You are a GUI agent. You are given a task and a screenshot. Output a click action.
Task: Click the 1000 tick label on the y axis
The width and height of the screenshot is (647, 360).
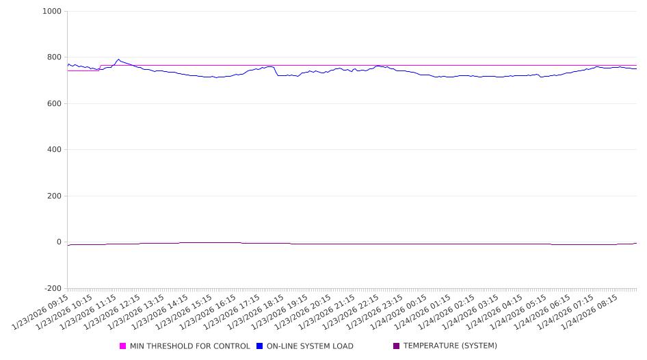pyautogui.click(x=51, y=12)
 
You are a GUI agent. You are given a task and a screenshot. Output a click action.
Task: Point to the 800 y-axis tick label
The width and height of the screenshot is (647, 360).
pyautogui.click(x=53, y=57)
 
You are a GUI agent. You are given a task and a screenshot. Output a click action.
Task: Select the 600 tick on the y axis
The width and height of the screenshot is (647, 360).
pyautogui.click(x=53, y=104)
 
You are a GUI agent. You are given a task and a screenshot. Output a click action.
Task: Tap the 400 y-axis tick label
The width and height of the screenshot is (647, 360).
pyautogui.click(x=53, y=150)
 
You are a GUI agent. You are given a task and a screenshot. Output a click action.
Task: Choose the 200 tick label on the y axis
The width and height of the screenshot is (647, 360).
pyautogui.click(x=53, y=196)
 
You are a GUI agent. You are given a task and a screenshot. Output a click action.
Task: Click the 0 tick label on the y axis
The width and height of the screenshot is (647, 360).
pyautogui.click(x=58, y=242)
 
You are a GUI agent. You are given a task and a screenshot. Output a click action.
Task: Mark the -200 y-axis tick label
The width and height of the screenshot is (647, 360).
pyautogui.click(x=52, y=289)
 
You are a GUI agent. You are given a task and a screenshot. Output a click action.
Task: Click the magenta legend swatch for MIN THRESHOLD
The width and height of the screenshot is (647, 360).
pyautogui.click(x=123, y=346)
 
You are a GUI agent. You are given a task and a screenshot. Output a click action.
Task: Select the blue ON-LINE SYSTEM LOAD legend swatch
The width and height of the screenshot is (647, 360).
pyautogui.click(x=260, y=346)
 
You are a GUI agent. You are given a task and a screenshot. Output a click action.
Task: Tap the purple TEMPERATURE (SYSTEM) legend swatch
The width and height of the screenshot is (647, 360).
pyautogui.click(x=397, y=346)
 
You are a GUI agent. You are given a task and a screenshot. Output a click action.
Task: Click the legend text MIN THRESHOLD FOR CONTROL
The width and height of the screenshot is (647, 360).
pyautogui.click(x=189, y=346)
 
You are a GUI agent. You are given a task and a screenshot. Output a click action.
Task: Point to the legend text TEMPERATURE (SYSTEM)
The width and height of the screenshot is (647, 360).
pyautogui.click(x=450, y=346)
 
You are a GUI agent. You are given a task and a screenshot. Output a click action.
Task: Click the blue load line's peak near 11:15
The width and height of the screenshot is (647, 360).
pyautogui.click(x=118, y=60)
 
